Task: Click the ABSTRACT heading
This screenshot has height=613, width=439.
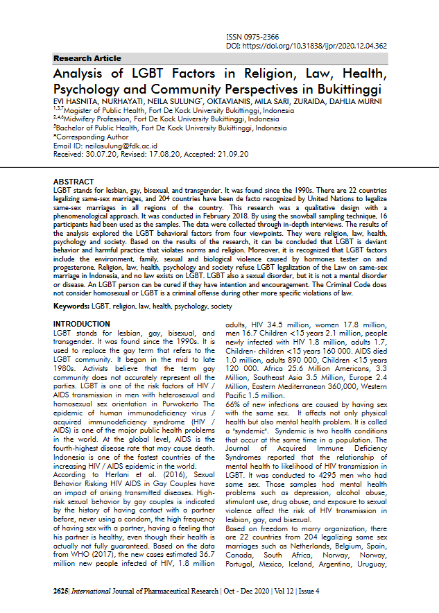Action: click(74, 181)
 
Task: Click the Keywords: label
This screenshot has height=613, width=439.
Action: click(71, 306)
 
